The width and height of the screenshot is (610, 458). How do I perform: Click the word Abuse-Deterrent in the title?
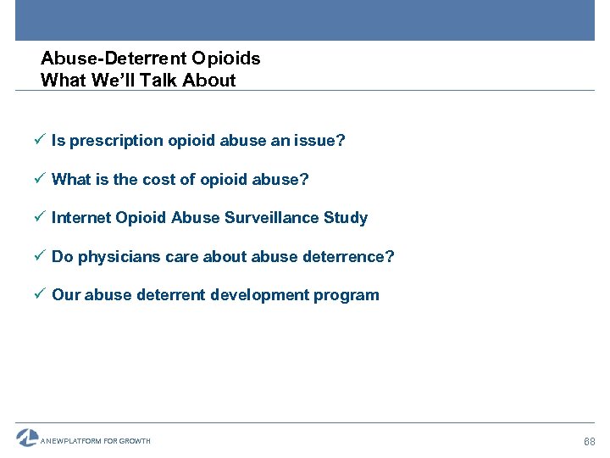[114, 59]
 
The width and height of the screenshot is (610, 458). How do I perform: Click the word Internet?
[81, 218]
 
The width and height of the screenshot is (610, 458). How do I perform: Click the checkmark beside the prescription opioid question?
[42, 141]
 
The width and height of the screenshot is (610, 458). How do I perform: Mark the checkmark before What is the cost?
[42, 179]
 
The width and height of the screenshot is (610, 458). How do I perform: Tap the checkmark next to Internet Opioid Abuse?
[42, 218]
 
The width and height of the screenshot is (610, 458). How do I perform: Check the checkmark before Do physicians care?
[42, 256]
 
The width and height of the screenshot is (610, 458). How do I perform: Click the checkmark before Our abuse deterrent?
[42, 295]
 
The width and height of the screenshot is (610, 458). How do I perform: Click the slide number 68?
[590, 442]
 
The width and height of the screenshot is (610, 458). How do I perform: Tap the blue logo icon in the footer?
[27, 438]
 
